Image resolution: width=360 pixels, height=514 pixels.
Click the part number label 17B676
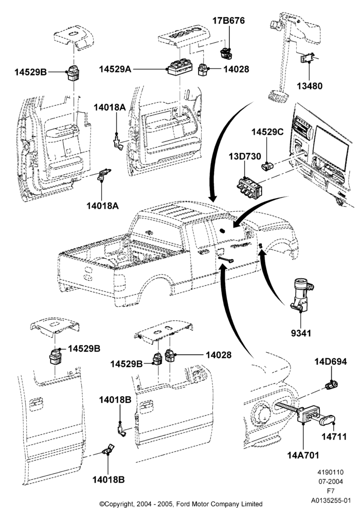tap(228, 21)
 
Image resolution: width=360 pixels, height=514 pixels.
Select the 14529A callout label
tap(115, 69)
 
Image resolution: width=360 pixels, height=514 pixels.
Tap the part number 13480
tap(310, 86)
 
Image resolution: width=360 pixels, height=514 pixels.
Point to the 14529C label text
tap(267, 132)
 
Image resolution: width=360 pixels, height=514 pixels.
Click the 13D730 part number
tap(245, 156)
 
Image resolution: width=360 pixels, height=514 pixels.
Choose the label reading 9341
tap(301, 333)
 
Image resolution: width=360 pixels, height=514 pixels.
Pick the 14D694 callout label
tap(331, 361)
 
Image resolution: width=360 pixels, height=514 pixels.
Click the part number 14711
tap(334, 437)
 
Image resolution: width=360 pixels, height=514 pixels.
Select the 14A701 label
tap(303, 455)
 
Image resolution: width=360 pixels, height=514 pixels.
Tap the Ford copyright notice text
tap(181, 504)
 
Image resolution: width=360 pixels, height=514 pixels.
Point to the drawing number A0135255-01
tap(331, 501)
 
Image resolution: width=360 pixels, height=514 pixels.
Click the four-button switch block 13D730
tap(249, 189)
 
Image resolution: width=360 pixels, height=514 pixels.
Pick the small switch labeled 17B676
tap(226, 53)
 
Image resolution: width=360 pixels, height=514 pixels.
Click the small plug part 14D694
tap(332, 385)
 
